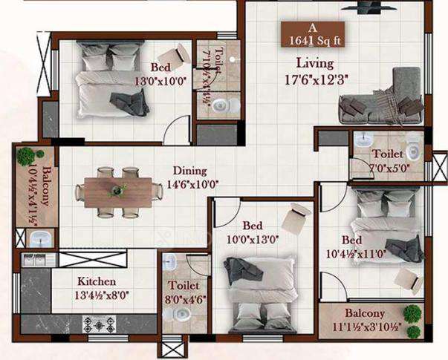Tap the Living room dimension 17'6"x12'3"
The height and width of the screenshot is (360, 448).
pyautogui.click(x=313, y=77)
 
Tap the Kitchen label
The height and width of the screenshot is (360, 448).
pyautogui.click(x=97, y=281)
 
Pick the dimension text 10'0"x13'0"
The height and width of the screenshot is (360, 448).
pyautogui.click(x=253, y=239)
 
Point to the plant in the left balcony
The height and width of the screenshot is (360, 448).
pyautogui.click(x=27, y=156)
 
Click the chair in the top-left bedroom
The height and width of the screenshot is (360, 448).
pyautogui.click(x=181, y=53)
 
